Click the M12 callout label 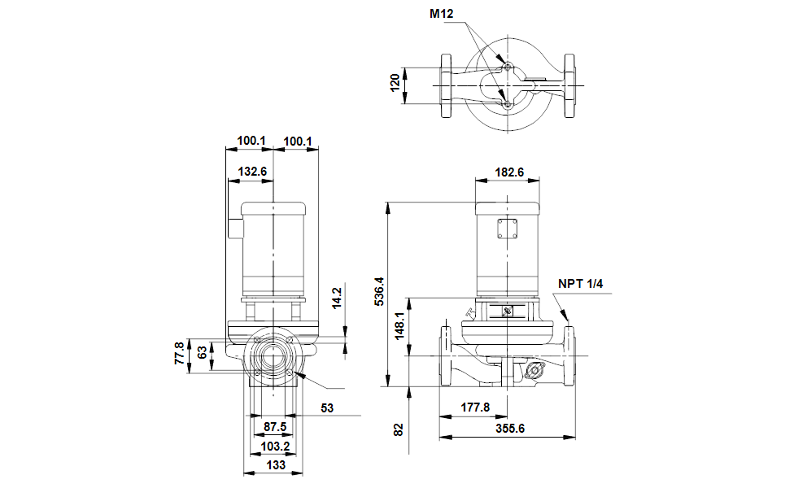[x=441, y=14]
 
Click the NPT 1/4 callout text [x=580, y=284]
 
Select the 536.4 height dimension [x=379, y=292]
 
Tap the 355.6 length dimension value [x=510, y=429]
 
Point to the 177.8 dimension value [x=475, y=407]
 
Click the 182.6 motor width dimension [x=509, y=172]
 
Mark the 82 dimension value [x=399, y=430]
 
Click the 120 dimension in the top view [x=395, y=82]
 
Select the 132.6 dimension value [x=252, y=172]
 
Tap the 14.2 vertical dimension [x=338, y=298]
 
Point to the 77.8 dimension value [x=179, y=353]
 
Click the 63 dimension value [x=202, y=352]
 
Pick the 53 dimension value [x=327, y=408]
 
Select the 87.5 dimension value [x=275, y=427]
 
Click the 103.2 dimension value [x=275, y=447]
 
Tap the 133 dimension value [x=276, y=465]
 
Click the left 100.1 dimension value [x=251, y=141]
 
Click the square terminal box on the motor [x=508, y=229]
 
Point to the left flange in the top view [x=446, y=86]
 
